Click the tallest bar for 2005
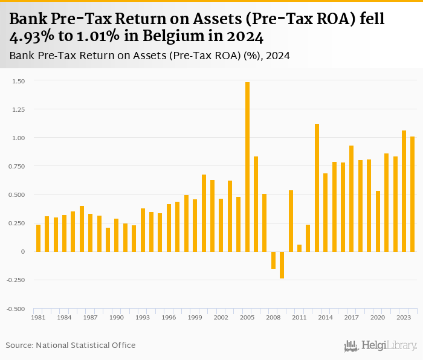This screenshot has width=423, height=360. tap(247, 167)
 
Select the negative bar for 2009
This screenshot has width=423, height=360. tap(282, 265)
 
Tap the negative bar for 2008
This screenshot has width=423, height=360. tap(273, 260)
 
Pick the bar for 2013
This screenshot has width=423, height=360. tap(317, 187)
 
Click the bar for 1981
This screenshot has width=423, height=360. tap(38, 238)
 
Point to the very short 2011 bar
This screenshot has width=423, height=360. tap(299, 248)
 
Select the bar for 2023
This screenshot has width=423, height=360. tap(404, 191)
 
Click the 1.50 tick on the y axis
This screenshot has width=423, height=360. tap(19, 81)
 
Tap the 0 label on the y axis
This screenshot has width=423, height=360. tap(22, 251)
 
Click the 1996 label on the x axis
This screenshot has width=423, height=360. tap(169, 317)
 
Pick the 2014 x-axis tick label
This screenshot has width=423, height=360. tap(325, 317)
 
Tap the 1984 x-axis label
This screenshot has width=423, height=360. tap(64, 317)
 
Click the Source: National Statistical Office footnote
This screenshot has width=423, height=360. tap(71, 346)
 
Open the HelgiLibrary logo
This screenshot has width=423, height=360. tap(380, 346)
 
